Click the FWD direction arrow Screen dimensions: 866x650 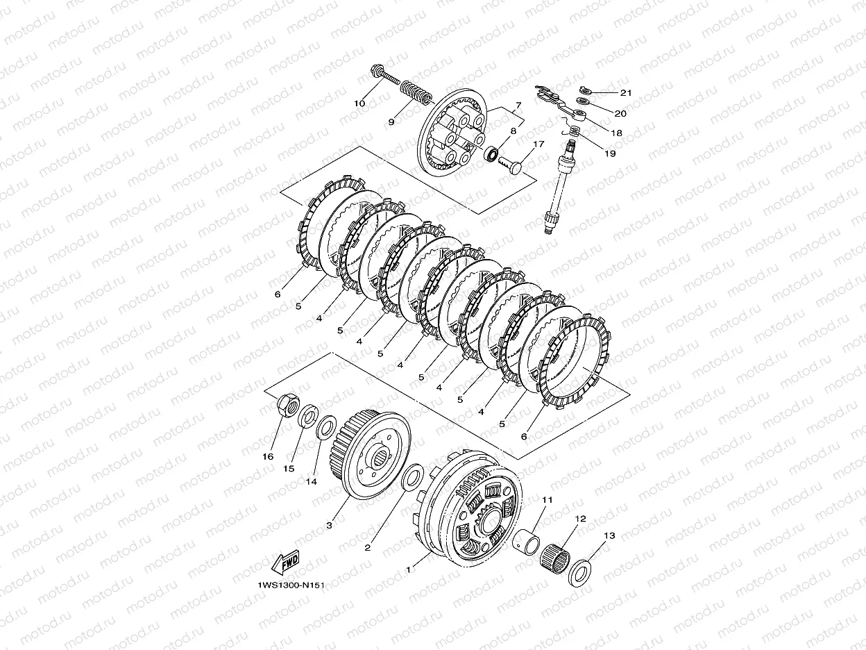(x=285, y=562)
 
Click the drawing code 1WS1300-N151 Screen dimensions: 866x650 (x=291, y=585)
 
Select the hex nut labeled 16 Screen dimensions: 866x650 (x=288, y=404)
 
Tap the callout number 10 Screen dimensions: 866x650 (x=359, y=103)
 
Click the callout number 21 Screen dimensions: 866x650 (x=626, y=93)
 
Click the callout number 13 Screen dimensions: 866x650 (x=609, y=535)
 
